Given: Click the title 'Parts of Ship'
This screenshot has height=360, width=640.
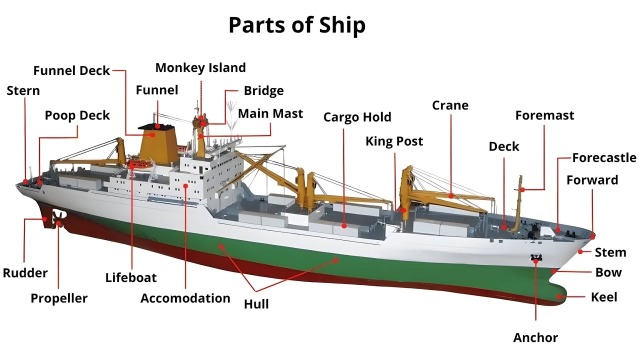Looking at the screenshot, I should coord(297,25).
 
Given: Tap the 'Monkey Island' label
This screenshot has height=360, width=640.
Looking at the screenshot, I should coord(200,67).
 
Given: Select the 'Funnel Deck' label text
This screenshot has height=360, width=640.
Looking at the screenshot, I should coord(71,70).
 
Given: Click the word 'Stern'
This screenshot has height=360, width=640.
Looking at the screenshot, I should coord(23,90).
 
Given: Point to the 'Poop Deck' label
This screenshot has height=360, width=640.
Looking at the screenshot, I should coord(77,115).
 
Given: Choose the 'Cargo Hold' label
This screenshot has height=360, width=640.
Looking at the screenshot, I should coord(357,117).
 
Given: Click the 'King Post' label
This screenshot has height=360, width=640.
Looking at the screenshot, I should coord(394,141).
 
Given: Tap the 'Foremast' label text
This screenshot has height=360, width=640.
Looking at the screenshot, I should coord(544,115).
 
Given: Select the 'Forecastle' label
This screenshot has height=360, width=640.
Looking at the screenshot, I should coord(604,158).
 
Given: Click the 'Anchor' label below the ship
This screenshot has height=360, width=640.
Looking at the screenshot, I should coord(535,337).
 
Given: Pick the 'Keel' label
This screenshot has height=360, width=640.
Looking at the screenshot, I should coord(604,297).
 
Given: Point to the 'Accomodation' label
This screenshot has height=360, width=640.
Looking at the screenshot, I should coord(185,298).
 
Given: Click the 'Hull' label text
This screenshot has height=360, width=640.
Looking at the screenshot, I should coord(256,303).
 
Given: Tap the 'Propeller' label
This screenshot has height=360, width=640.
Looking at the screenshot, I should coord(59,298).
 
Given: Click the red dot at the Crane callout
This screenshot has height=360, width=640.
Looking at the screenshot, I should coord(451,196).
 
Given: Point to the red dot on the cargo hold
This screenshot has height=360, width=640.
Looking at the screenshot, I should coord(344,226).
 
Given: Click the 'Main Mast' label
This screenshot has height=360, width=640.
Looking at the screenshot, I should coord(270,113).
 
